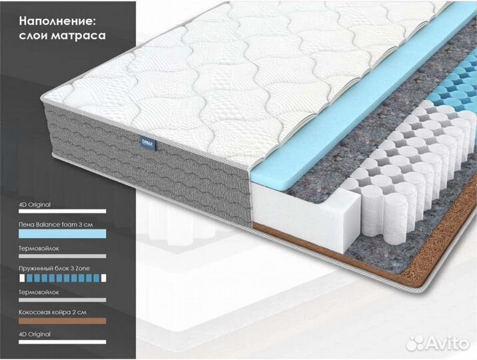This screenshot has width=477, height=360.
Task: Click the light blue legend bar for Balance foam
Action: coord(61,235)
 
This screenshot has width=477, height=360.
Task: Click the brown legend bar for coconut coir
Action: coord(61,321)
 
